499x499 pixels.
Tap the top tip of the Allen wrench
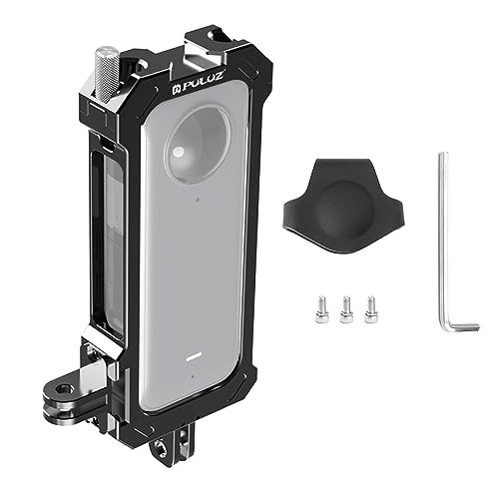click(x=443, y=156)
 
